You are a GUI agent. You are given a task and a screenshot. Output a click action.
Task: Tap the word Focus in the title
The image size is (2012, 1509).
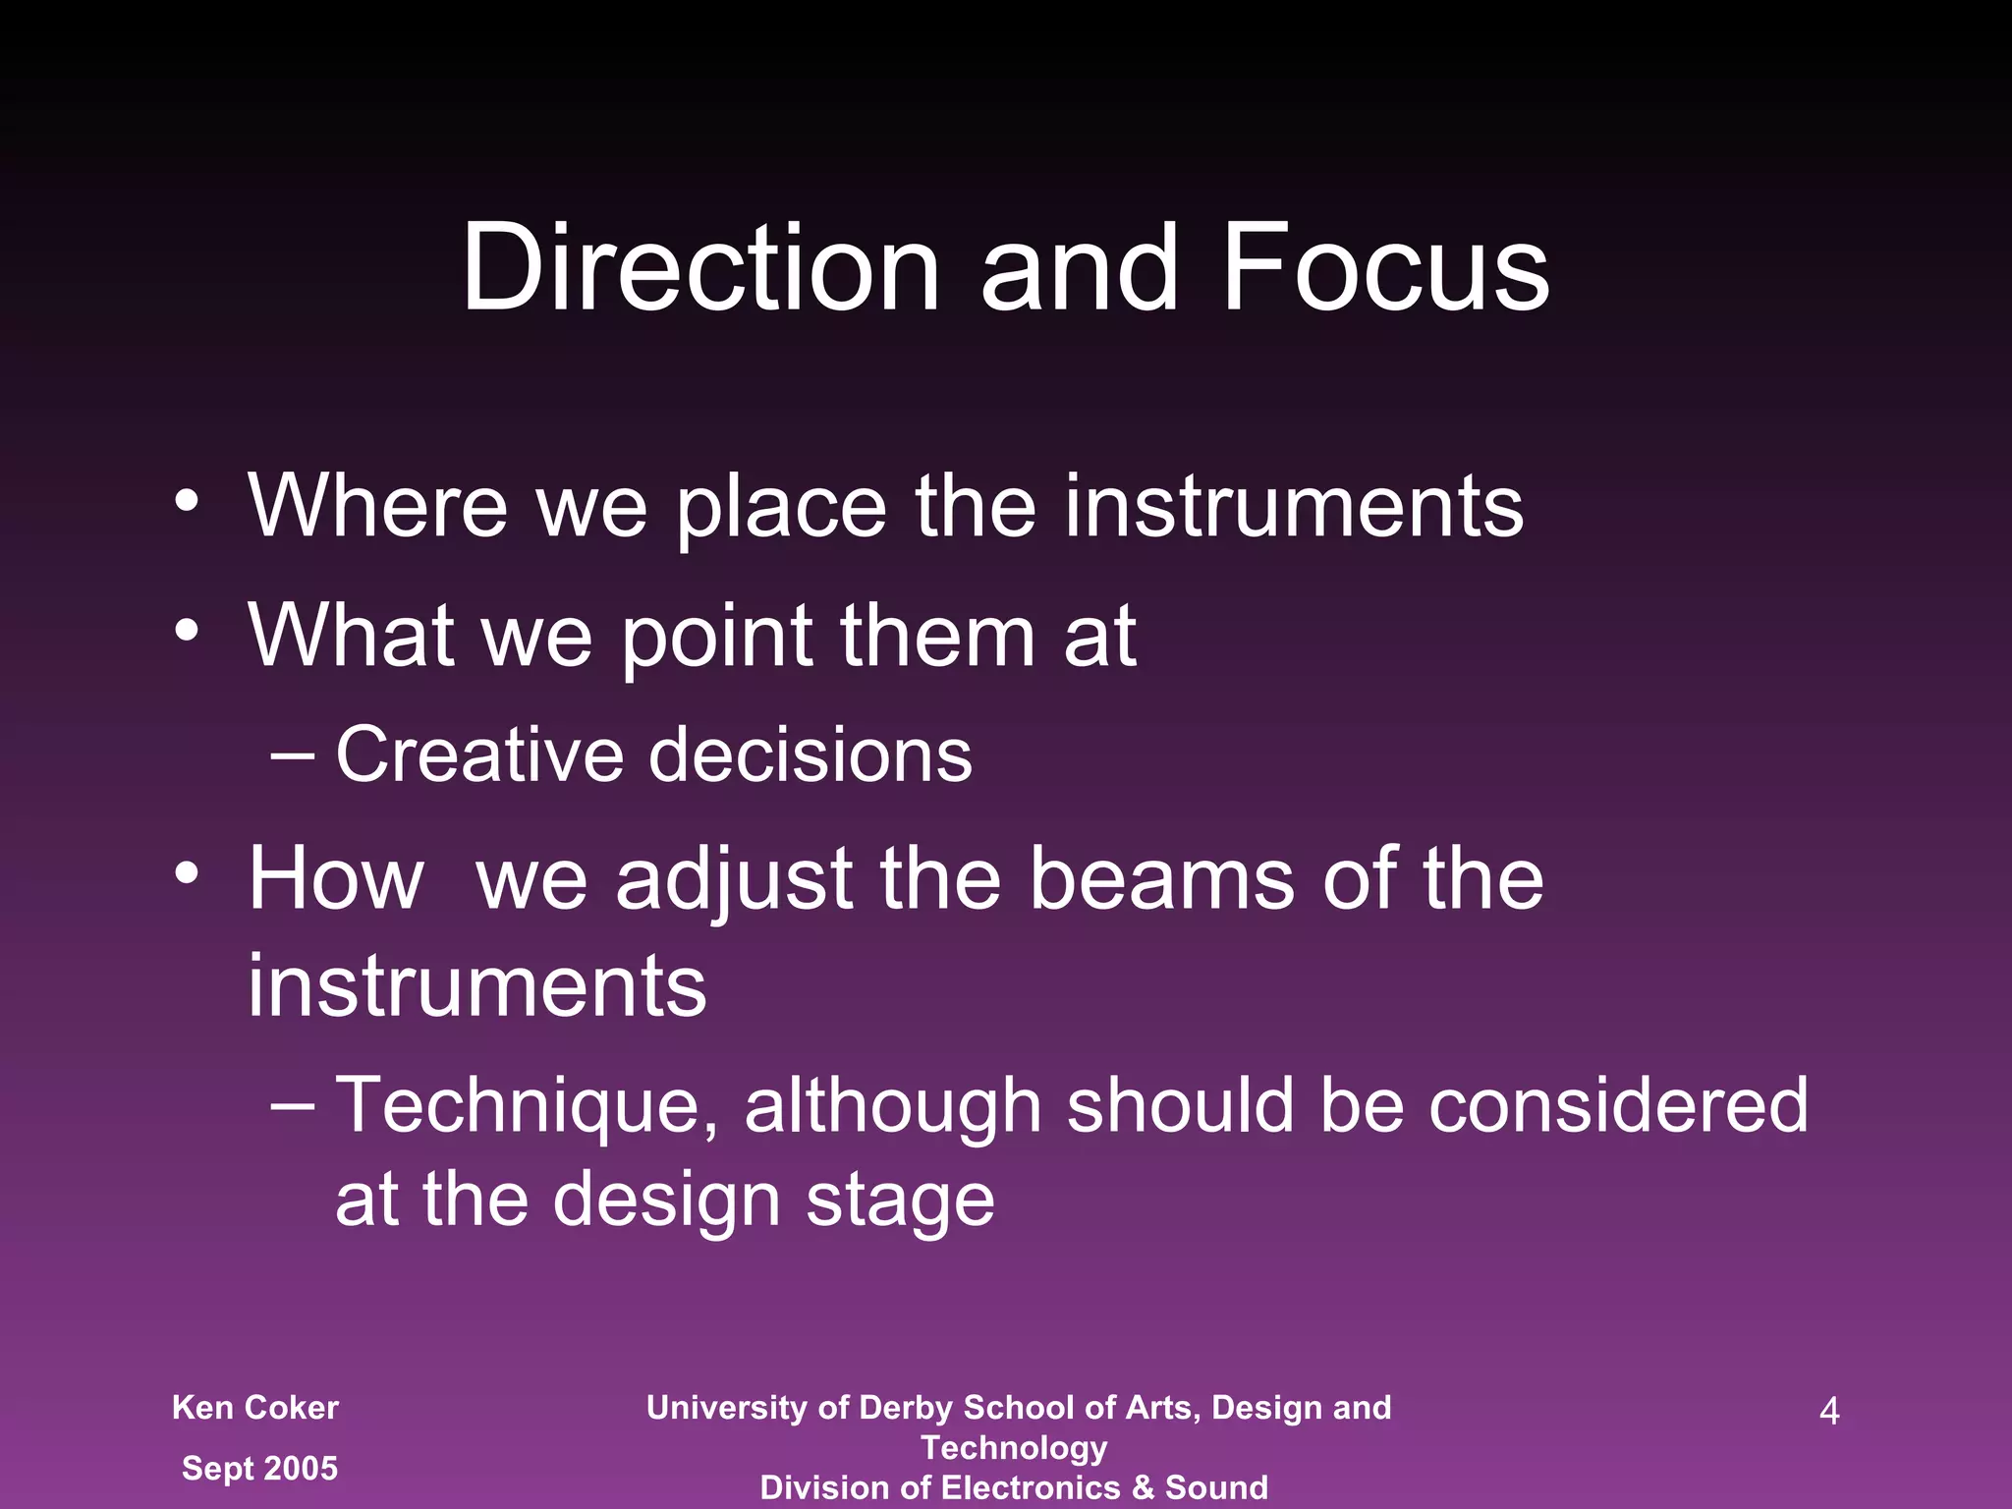(1384, 267)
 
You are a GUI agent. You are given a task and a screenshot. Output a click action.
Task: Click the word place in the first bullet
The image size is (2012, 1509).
(781, 509)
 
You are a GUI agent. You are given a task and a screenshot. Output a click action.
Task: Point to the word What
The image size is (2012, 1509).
(351, 636)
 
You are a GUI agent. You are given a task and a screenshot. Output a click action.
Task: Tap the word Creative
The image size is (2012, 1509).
(479, 754)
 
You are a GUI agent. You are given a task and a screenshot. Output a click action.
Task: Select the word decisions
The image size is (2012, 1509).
(810, 754)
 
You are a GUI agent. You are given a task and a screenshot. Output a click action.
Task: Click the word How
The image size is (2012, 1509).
(336, 878)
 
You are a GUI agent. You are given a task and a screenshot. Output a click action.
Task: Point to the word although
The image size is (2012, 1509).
(892, 1106)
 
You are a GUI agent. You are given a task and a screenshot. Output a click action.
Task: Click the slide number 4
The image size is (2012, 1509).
(1829, 1411)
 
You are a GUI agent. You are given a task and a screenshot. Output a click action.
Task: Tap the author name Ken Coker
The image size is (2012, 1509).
(255, 1408)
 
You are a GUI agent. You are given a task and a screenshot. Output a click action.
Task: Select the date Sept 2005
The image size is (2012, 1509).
(260, 1469)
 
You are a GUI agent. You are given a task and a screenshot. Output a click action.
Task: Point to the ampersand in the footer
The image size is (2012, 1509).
(1143, 1487)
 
